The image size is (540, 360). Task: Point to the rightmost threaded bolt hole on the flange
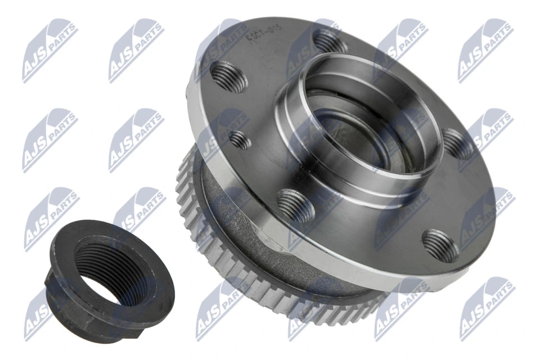point(458,144)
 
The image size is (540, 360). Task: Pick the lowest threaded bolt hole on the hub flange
point(440,245)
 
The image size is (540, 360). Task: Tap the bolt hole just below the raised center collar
point(295,205)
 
